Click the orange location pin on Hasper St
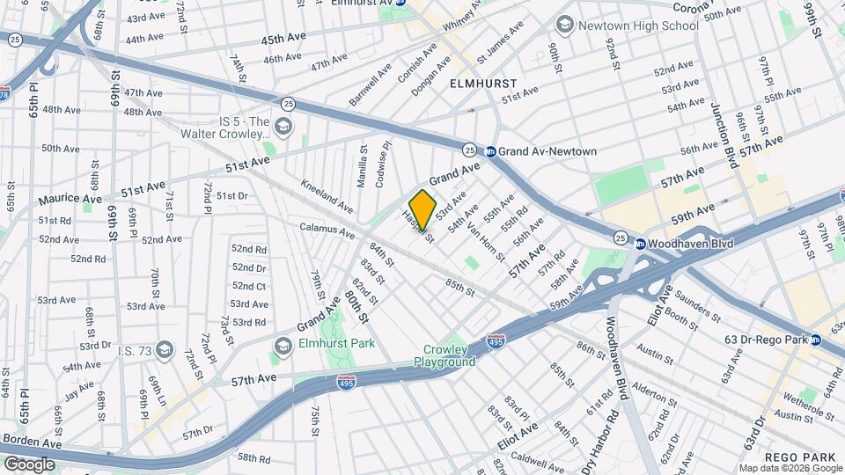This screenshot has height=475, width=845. click(422, 210)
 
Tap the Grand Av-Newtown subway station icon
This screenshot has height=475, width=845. click(491, 151)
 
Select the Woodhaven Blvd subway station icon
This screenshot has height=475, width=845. click(641, 244)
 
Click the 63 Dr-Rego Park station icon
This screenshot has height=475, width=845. click(815, 339)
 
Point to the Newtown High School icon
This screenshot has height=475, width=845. click(563, 26)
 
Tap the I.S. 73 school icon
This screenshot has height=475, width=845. click(162, 351)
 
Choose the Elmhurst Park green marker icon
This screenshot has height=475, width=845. click(283, 344)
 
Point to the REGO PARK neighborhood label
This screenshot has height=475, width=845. click(799, 457)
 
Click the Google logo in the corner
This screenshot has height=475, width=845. click(30, 463)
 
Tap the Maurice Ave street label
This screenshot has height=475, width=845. click(70, 199)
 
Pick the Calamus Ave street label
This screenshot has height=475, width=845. click(327, 231)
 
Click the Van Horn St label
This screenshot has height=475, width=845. click(486, 244)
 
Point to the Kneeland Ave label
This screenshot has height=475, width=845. click(327, 196)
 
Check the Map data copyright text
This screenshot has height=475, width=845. click(789, 468)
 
